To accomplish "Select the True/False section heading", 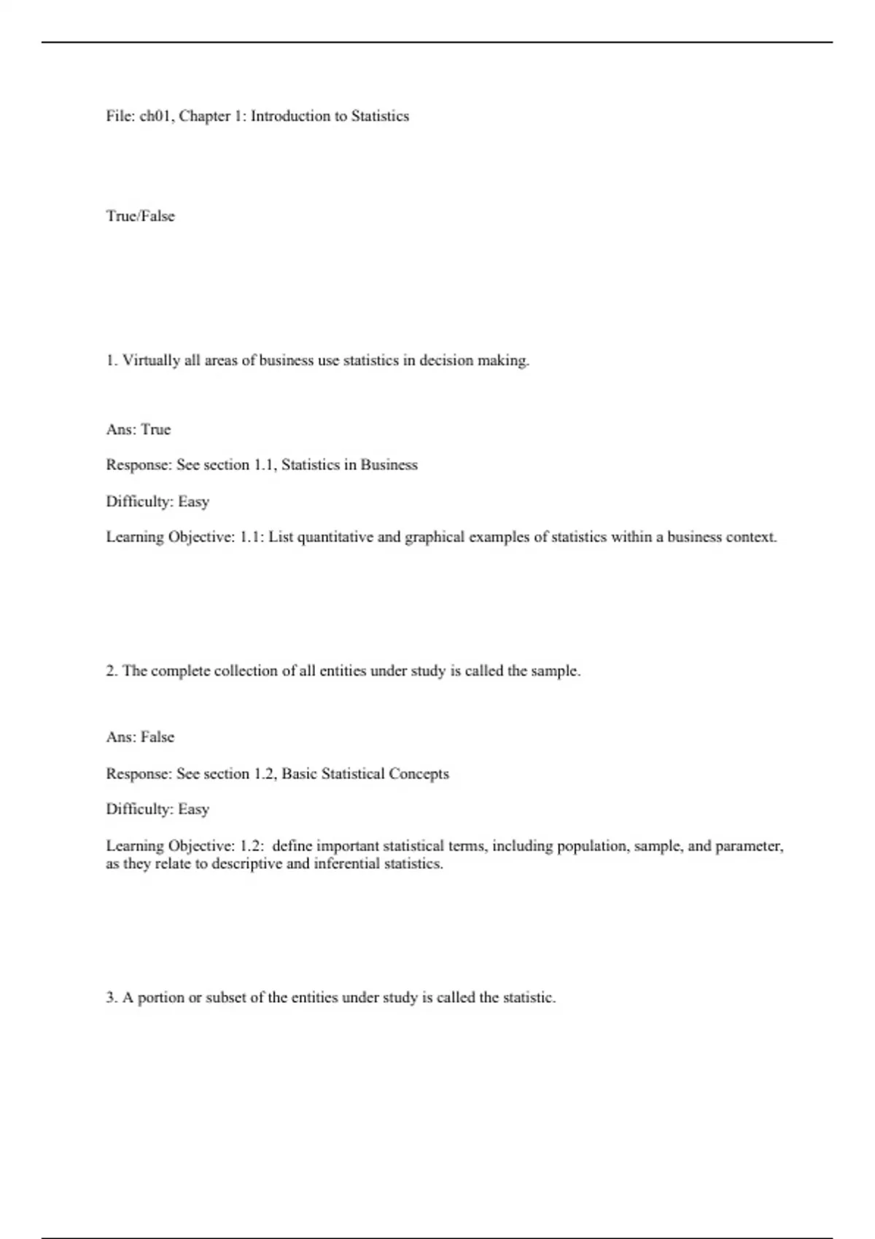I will (x=140, y=216).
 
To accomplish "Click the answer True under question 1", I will (x=155, y=429).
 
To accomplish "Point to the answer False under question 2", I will (x=157, y=737).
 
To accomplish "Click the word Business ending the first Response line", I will (x=389, y=465).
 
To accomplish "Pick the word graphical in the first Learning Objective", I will (x=435, y=537).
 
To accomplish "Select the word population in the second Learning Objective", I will (x=592, y=846).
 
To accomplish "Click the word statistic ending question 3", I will (x=529, y=998).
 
